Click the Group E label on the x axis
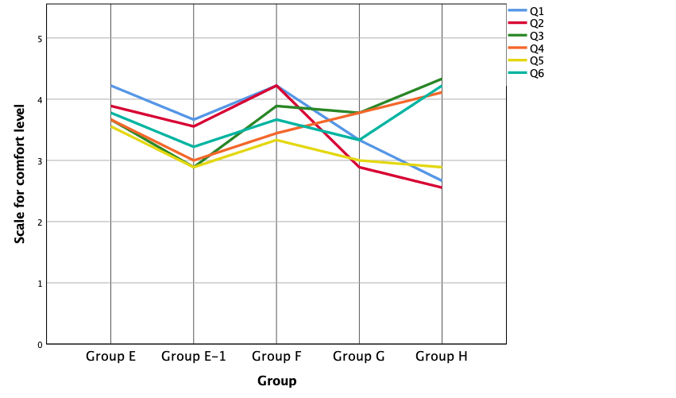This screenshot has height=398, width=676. point(110,357)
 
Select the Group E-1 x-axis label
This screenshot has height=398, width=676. point(194,357)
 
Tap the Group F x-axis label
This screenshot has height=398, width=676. point(276,357)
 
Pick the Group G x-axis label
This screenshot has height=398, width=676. point(359,357)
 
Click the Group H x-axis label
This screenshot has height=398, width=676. point(442,357)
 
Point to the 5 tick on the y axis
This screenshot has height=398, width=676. point(39,38)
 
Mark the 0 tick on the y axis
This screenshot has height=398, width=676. point(39,344)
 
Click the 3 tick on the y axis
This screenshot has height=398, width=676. point(39,160)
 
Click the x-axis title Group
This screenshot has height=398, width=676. point(276,381)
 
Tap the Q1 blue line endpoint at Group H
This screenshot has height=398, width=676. point(442,180)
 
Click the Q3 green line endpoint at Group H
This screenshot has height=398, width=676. point(442,79)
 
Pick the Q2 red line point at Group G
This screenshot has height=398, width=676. point(359,167)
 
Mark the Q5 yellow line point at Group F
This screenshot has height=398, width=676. point(276,140)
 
